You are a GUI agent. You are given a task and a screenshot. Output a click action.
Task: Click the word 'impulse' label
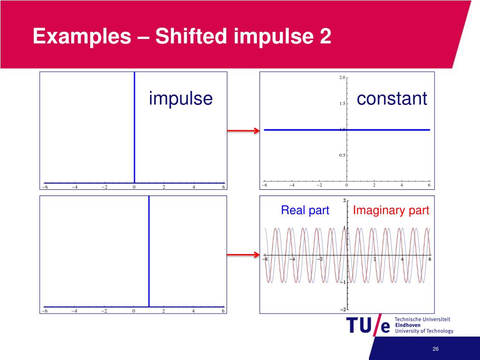180,99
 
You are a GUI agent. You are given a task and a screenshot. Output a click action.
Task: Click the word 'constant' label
392,99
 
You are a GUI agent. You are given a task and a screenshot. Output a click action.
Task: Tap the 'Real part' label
305,210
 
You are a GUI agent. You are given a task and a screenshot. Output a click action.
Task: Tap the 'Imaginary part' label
391,210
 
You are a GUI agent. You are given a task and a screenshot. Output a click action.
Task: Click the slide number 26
435,350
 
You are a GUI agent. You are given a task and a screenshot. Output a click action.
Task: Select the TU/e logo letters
368,325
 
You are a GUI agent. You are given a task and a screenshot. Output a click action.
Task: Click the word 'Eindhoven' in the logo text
407,325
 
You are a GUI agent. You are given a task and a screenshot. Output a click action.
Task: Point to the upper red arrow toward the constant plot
243,131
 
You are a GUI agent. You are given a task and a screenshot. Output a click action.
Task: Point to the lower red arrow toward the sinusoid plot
243,255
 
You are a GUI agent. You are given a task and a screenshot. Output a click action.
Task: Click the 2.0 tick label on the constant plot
342,77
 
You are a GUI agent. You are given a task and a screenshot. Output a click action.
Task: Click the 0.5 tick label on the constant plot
342,156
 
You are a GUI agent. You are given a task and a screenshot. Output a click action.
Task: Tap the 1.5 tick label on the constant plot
342,104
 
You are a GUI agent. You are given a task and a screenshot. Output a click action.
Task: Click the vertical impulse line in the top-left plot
135,127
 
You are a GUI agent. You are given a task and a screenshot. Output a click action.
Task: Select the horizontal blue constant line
305,130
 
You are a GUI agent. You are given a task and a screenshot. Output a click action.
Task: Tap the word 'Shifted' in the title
192,37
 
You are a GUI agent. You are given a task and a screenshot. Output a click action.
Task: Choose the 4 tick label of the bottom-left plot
194,311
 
